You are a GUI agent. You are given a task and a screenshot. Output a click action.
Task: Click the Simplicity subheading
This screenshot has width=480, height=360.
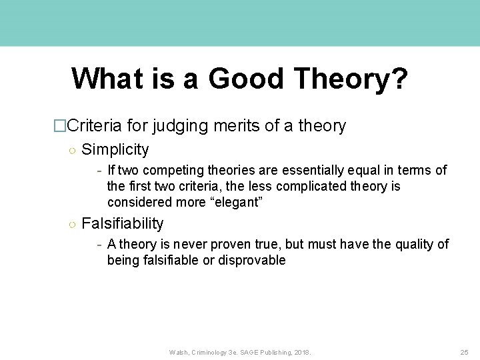click(115, 149)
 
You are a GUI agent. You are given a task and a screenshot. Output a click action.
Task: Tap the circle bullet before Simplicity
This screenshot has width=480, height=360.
click(71, 150)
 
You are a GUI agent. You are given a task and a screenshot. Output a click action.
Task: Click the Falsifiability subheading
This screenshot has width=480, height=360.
click(122, 224)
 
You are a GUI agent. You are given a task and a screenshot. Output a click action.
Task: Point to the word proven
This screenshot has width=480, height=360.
click(235, 245)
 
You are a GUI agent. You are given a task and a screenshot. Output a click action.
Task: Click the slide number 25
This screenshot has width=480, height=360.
click(464, 351)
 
